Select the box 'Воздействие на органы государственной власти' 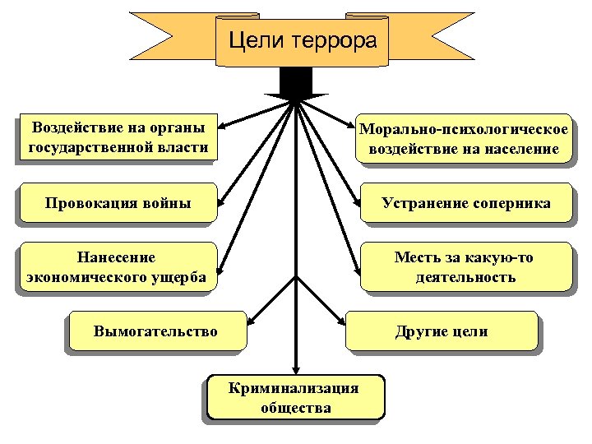coord(117,137)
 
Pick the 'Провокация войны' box coord(117,203)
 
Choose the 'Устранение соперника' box coord(465,203)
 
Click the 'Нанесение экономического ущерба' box coord(117,267)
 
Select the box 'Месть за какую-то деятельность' coord(465,267)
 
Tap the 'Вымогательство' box coord(156,331)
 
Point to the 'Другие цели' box coord(442,331)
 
